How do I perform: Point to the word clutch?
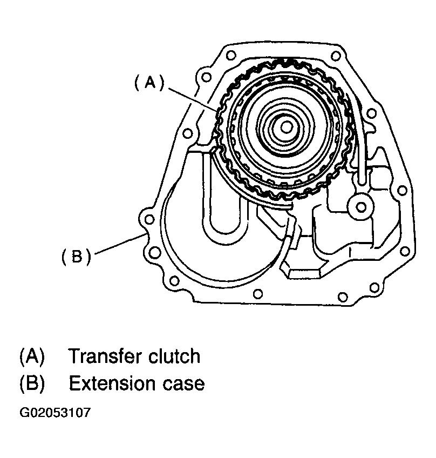pyautogui.click(x=173, y=356)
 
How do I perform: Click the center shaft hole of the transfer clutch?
pyautogui.click(x=287, y=126)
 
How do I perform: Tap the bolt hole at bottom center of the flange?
pyautogui.click(x=258, y=294)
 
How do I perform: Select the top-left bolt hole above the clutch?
pyautogui.click(x=231, y=55)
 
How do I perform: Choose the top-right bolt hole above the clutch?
pyautogui.click(x=338, y=56)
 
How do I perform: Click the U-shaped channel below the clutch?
pyautogui.click(x=223, y=216)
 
